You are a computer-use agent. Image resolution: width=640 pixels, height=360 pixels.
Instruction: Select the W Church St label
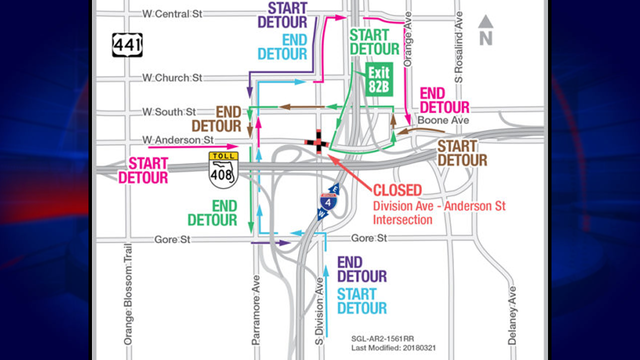173,76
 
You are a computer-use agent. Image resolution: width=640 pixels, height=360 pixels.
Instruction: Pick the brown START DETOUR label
462,152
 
